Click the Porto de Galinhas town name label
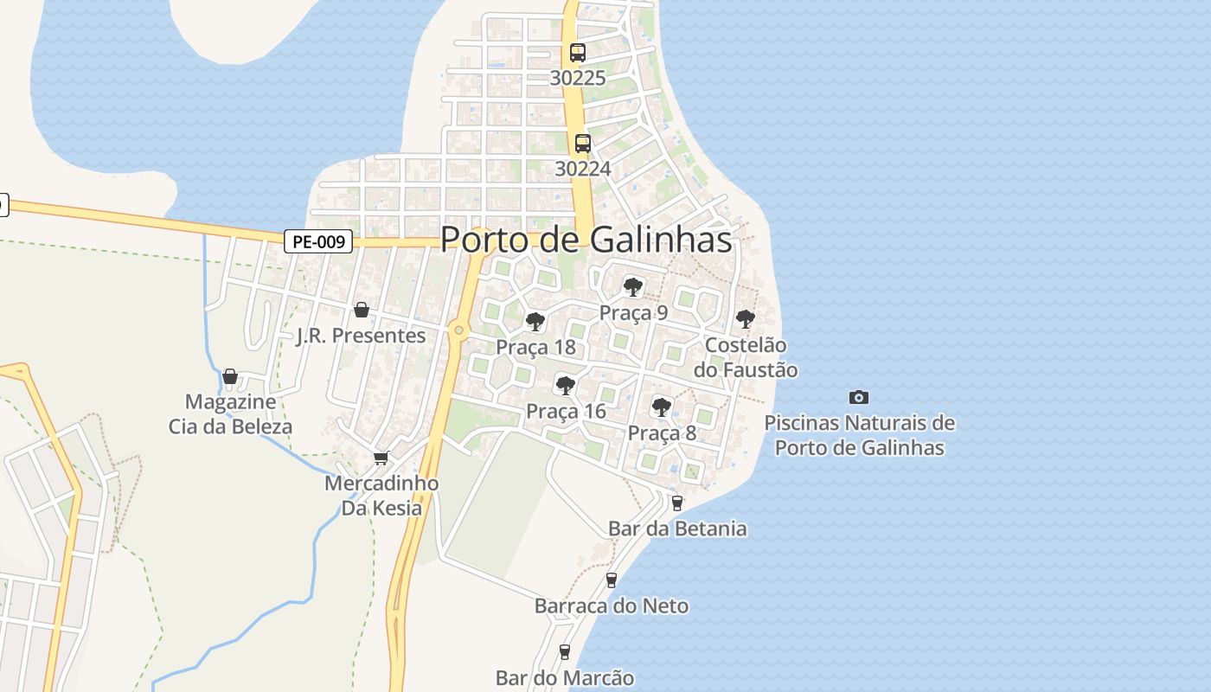point(586,240)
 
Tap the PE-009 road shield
point(318,241)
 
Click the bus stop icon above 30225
point(578,52)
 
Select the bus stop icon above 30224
point(583,143)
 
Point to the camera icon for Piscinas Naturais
point(859,397)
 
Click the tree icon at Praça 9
point(633,287)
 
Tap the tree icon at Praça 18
point(535,322)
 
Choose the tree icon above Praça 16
point(566,385)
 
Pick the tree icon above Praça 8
point(662,407)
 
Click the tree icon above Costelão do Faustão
point(746,319)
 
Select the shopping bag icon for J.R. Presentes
point(362,310)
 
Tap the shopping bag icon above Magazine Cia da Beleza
point(230,376)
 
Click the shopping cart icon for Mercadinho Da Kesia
point(381,458)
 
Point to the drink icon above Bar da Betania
point(677,503)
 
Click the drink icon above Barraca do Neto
point(612,580)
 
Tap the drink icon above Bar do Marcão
point(565,651)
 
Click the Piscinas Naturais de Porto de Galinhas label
point(860,435)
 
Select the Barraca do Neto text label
point(612,605)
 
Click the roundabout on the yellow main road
point(458,330)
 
